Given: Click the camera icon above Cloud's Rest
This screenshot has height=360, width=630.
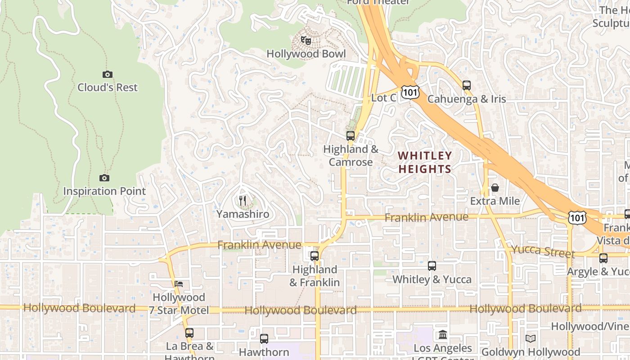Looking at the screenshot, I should click(x=107, y=74).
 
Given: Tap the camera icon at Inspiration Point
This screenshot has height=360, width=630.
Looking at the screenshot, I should click(x=104, y=178).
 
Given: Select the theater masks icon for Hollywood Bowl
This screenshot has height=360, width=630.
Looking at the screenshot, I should click(x=306, y=41).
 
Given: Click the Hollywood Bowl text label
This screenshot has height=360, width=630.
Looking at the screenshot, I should click(x=306, y=54).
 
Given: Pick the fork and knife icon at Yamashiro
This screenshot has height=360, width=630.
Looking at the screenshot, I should click(x=243, y=201).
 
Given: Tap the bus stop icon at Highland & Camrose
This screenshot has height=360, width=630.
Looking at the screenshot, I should click(x=351, y=135).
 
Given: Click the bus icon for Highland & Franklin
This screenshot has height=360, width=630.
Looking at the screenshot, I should click(x=315, y=256).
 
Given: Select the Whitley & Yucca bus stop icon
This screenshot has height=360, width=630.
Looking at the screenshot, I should click(x=432, y=266).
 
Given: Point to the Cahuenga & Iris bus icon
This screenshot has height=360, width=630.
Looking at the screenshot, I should click(x=467, y=85).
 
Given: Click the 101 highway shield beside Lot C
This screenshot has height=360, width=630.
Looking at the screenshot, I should click(x=411, y=92).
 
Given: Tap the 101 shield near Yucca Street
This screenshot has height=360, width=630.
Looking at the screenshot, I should click(x=576, y=217).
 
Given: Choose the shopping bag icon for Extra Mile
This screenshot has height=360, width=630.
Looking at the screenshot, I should click(x=495, y=188).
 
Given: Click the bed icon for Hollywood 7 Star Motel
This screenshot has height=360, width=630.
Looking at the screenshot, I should click(x=179, y=284).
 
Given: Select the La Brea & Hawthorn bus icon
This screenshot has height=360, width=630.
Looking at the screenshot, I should click(x=189, y=333).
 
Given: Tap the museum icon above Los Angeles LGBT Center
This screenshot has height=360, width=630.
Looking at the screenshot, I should click(x=443, y=335).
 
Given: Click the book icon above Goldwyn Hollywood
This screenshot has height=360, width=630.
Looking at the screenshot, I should click(x=531, y=338).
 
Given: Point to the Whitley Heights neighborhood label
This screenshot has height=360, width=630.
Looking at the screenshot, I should click(x=424, y=162).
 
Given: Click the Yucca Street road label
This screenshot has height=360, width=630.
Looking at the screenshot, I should click(x=543, y=251).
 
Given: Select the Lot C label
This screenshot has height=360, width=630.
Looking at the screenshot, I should click(x=383, y=98).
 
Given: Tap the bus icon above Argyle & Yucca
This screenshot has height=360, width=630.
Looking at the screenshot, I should click(x=603, y=258).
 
